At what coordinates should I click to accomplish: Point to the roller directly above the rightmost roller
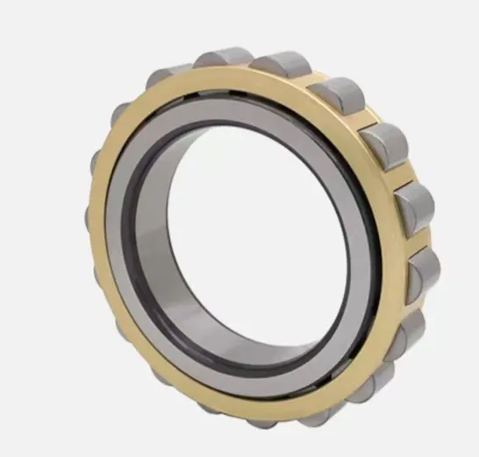point(413,207)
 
